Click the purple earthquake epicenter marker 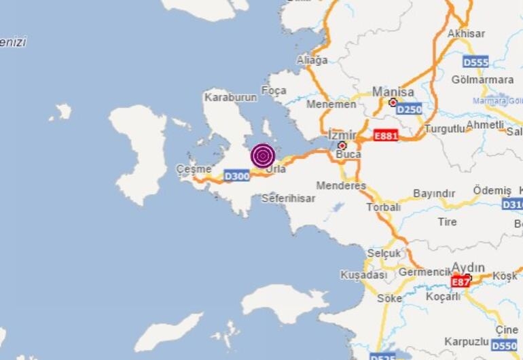coord(262,156)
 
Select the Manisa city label coord(393,92)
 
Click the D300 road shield coord(237,177)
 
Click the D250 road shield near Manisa coord(409,109)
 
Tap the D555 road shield coord(476,62)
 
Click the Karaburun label coord(231,98)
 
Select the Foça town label coord(274,90)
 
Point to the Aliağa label coord(312,60)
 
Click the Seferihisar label coord(289,199)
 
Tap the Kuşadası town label coord(365,275)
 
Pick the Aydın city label coord(468,268)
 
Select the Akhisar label coord(465,33)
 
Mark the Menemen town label coord(331,105)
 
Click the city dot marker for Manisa coord(393,103)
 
